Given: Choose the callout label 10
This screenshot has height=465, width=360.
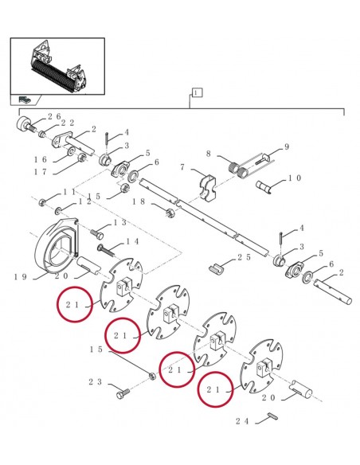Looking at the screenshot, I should (x=295, y=178).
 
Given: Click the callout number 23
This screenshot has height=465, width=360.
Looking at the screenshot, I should (x=95, y=383).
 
